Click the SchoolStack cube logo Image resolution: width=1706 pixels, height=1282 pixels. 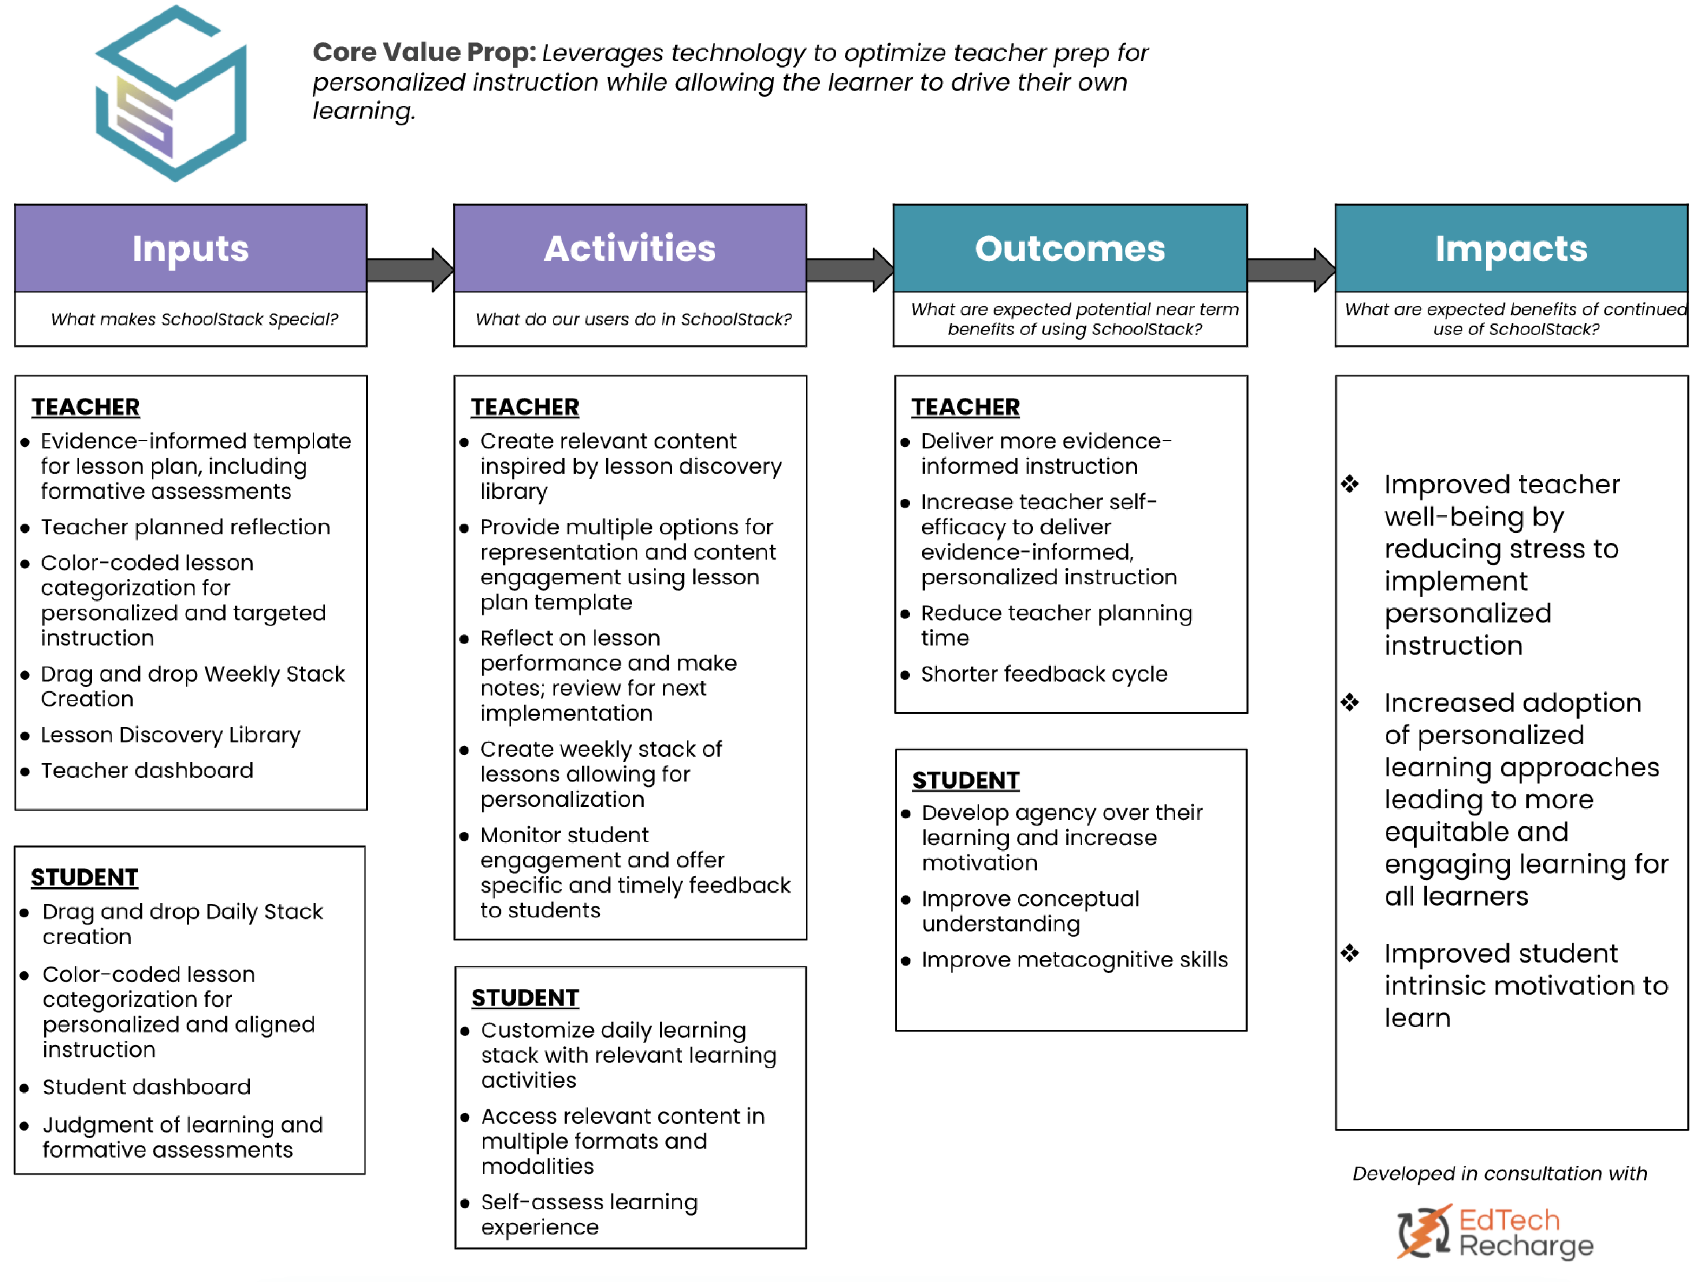[171, 93]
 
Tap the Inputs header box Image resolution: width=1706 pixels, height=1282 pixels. [190, 248]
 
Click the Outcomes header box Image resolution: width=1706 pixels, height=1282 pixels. [1070, 248]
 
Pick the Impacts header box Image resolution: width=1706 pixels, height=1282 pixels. [1511, 248]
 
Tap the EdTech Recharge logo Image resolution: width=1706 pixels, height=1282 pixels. [1495, 1232]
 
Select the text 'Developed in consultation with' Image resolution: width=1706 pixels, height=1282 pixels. [1499, 1173]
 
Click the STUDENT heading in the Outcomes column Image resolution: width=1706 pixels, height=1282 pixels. [966, 780]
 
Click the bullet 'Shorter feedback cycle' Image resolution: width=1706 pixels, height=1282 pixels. [1043, 674]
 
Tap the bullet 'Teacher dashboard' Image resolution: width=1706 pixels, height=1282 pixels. [147, 770]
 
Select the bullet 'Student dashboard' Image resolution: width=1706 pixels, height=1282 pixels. [147, 1087]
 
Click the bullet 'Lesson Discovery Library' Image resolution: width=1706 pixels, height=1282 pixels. [171, 735]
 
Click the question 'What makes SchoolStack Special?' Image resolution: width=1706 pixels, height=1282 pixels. [194, 320]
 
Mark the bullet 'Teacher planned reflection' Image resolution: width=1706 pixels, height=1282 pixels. [185, 527]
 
